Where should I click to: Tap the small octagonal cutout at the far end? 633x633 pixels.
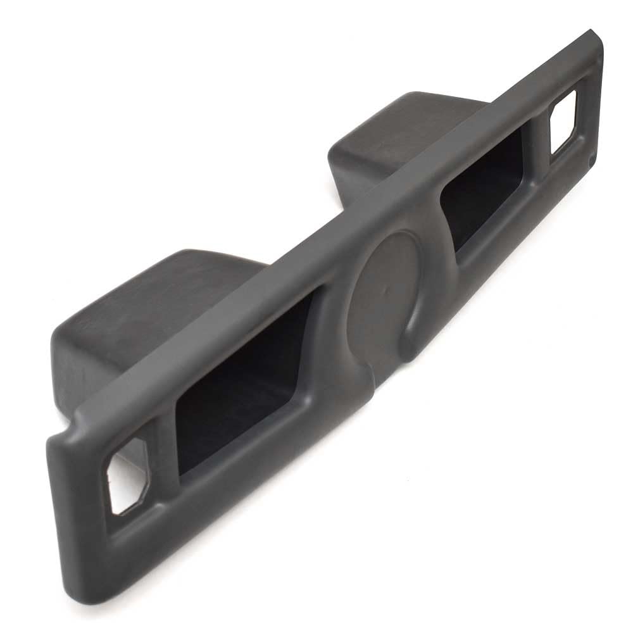[563, 122]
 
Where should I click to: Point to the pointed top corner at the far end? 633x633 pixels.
[592, 32]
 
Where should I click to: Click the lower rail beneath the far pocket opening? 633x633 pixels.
[500, 253]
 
